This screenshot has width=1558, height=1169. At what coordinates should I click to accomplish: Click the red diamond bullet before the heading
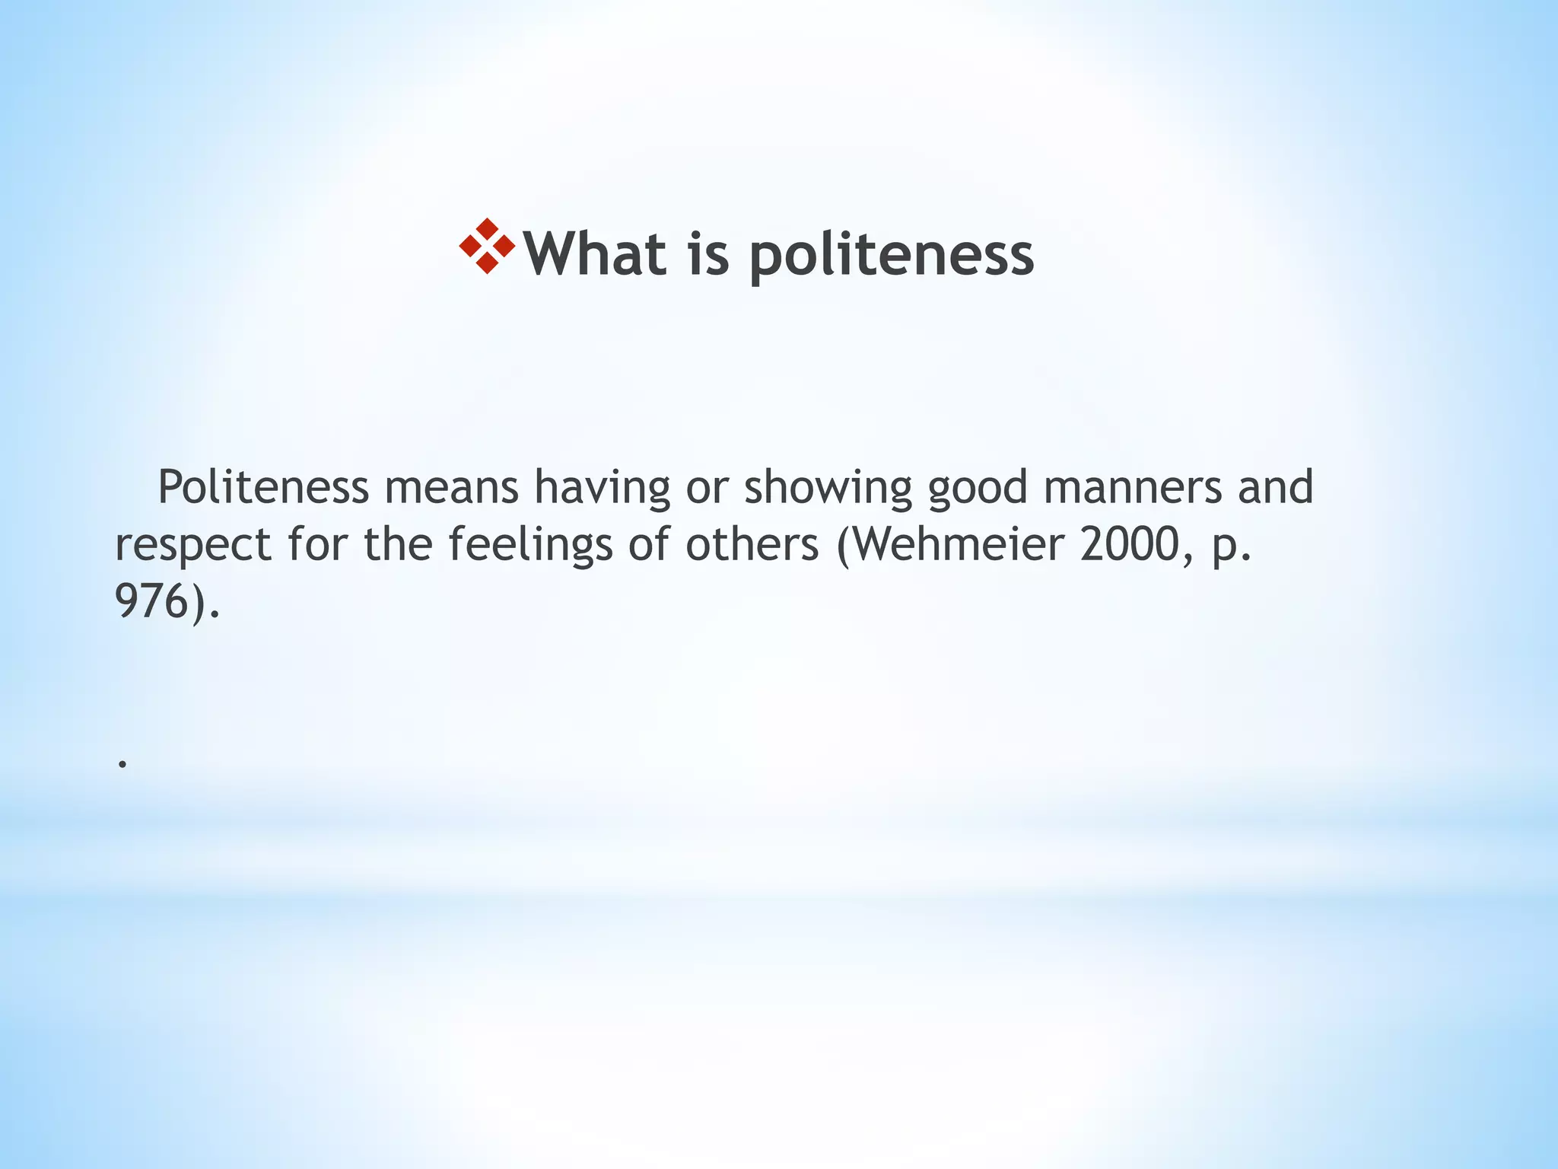488,247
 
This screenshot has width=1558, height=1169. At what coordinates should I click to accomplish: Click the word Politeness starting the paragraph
263,487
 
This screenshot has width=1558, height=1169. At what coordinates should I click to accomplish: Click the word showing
828,489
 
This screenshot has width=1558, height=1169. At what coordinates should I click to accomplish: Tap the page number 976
151,602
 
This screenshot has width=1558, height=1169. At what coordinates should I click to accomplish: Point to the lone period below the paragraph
122,763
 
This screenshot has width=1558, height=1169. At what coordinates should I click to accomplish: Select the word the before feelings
398,545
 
